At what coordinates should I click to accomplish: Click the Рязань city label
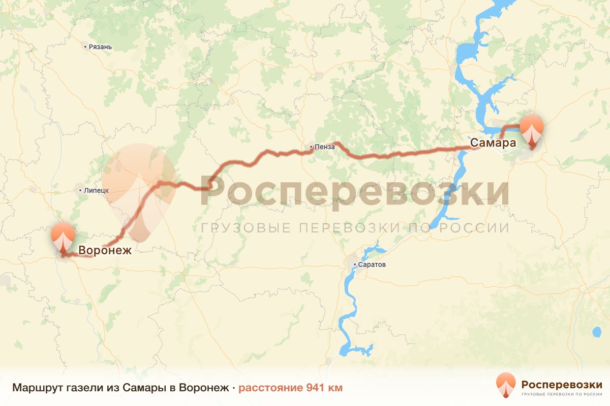(100, 47)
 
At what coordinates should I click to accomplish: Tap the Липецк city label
(96, 190)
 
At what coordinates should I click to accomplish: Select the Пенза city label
(325, 147)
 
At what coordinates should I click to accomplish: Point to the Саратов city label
(373, 265)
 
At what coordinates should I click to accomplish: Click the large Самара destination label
(493, 143)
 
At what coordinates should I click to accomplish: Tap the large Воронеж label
(105, 250)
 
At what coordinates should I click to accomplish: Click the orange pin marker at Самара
(532, 131)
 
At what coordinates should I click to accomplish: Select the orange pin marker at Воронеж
(63, 238)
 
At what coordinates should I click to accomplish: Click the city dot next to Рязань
(85, 47)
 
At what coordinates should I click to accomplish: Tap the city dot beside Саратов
(356, 265)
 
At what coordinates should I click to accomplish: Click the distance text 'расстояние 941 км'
(290, 388)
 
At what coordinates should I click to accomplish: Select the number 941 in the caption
(317, 388)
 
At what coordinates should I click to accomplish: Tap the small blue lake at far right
(596, 332)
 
